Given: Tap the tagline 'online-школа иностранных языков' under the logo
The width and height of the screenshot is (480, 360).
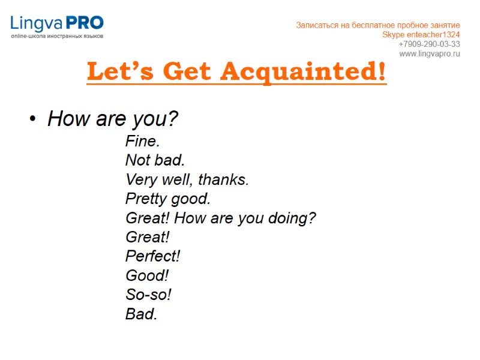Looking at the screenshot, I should pyautogui.click(x=57, y=37).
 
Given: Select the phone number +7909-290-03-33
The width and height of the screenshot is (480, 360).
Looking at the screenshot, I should pyautogui.click(x=429, y=44).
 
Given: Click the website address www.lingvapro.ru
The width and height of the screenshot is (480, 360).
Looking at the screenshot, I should pyautogui.click(x=429, y=54).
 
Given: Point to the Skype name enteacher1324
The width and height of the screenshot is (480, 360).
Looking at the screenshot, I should pyautogui.click(x=436, y=35).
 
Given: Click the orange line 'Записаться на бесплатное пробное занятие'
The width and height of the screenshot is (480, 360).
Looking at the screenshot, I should pyautogui.click(x=378, y=25).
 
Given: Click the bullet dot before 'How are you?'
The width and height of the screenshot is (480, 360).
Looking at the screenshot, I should pyautogui.click(x=33, y=120).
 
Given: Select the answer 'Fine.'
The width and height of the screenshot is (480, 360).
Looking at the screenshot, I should pyautogui.click(x=142, y=142).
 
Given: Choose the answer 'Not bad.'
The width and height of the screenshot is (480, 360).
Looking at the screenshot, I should pyautogui.click(x=155, y=160).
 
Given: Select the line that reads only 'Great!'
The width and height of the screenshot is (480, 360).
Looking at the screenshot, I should pyautogui.click(x=147, y=237).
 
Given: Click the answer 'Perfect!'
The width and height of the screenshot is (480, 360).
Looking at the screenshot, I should pyautogui.click(x=152, y=256).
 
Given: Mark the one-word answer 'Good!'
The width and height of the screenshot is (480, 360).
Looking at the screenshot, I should pyautogui.click(x=146, y=275).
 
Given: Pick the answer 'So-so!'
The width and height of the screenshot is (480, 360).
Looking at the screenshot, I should pyautogui.click(x=148, y=295).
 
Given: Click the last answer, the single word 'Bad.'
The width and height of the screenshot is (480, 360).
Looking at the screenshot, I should pyautogui.click(x=141, y=314).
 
